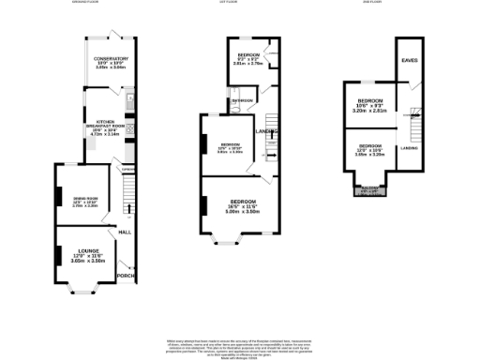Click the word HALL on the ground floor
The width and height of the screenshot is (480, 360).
pos(125,231)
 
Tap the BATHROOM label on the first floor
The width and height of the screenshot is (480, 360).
pos(243,100)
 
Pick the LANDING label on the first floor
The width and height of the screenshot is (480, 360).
pos(267,131)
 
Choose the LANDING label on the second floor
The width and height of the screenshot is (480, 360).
pos(410,148)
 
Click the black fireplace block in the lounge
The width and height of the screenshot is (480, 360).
pos(59,253)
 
